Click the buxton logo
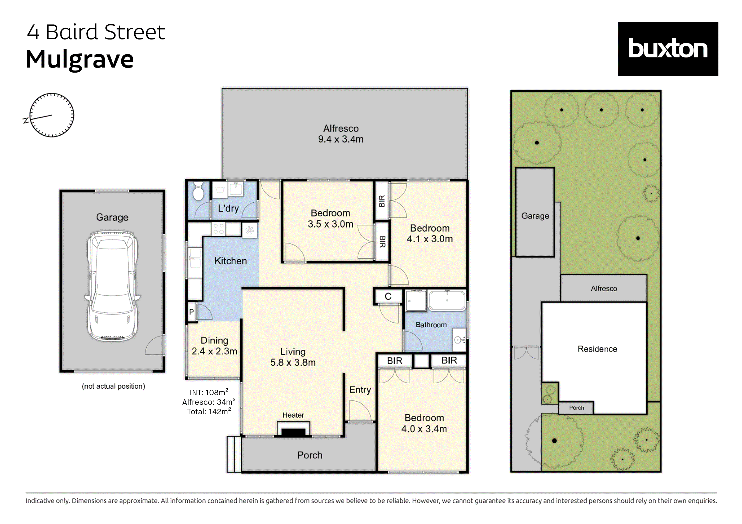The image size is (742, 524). tap(668, 49)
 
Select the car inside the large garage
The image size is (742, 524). tap(112, 286)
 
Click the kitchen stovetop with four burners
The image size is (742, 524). tap(218, 229)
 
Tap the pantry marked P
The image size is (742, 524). tap(192, 312)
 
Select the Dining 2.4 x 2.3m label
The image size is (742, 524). tap(214, 346)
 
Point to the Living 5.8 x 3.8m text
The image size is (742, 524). tap(293, 357)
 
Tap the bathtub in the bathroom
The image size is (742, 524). tap(447, 300)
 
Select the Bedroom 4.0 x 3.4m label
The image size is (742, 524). tap(424, 423)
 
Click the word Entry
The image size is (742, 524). tap(360, 390)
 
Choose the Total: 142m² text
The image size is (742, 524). tap(209, 412)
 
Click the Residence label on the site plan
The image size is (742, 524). tap(597, 349)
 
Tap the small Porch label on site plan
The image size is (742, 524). tap(577, 408)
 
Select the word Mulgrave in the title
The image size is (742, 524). tap(79, 60)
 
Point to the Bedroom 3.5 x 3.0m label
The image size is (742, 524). tap(330, 218)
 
